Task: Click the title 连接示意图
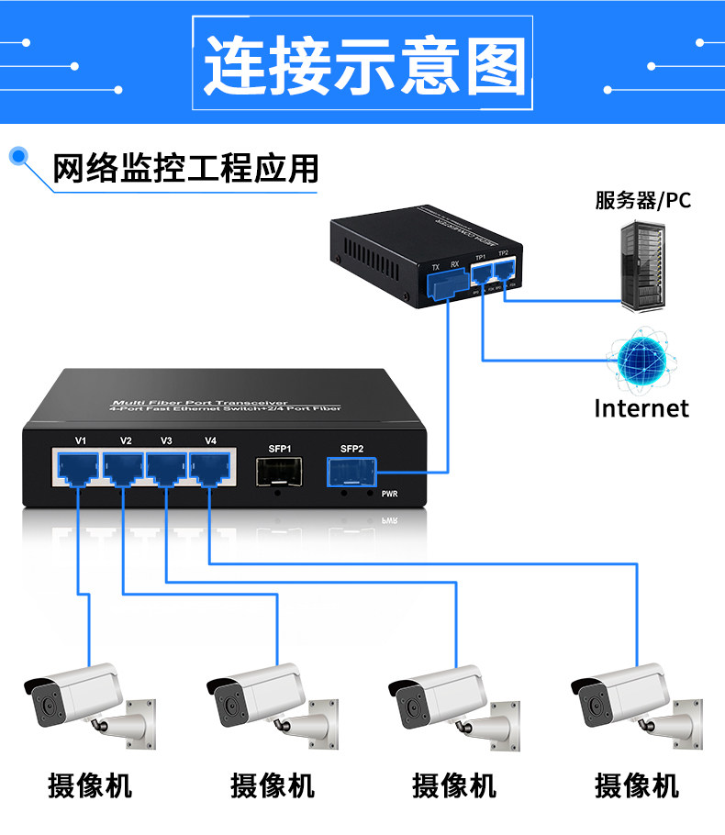tap(363, 65)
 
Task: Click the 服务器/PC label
tap(641, 200)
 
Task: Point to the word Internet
tap(641, 407)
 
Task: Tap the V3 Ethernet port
tap(166, 469)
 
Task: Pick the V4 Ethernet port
tap(209, 469)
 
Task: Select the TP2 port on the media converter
tap(504, 270)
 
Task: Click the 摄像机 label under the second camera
tap(273, 785)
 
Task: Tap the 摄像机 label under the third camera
tap(454, 785)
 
